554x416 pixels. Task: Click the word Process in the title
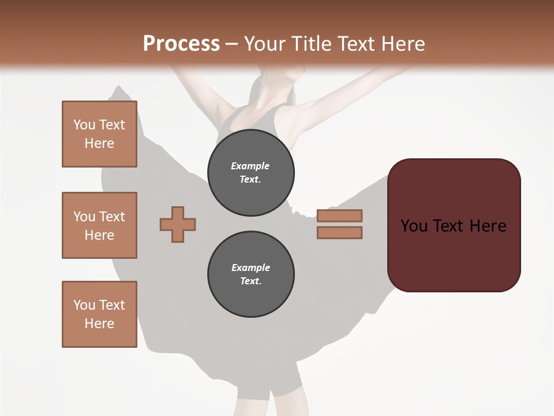tap(181, 43)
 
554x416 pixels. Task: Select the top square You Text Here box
tap(99, 134)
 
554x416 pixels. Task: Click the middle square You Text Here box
tap(99, 225)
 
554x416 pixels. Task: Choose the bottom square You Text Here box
tap(99, 314)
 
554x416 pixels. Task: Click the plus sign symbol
tap(178, 225)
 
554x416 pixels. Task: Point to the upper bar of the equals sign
tap(339, 216)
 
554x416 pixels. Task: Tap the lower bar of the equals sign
tap(339, 233)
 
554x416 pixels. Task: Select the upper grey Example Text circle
tap(251, 173)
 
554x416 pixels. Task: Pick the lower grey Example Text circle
tap(251, 274)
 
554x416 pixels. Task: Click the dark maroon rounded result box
tap(454, 225)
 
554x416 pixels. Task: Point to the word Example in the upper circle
tap(250, 166)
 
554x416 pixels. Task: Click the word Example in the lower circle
tap(250, 268)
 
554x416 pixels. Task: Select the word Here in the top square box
tap(99, 143)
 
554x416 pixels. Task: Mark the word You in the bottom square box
tap(84, 305)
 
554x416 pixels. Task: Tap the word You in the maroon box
tap(414, 226)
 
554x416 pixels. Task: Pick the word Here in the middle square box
tap(99, 235)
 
